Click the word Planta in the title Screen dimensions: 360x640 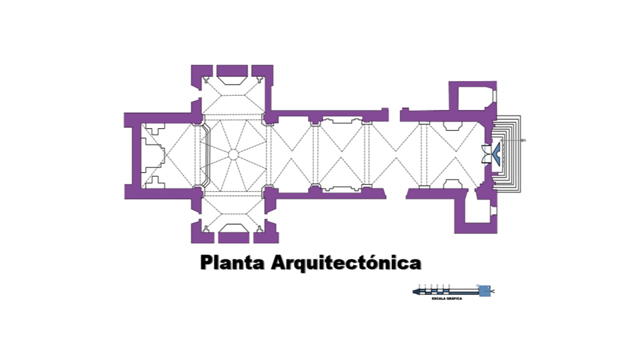(x=233, y=262)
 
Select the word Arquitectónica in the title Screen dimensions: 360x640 (x=346, y=262)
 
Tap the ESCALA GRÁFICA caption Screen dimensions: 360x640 (x=446, y=298)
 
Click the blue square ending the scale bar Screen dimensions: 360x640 (x=484, y=291)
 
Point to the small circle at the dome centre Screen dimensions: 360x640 (x=233, y=154)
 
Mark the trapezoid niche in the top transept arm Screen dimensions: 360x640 (x=232, y=80)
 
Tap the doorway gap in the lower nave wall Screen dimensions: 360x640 (x=396, y=194)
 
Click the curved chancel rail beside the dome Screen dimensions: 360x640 (x=205, y=154)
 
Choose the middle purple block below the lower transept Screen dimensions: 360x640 (x=233, y=238)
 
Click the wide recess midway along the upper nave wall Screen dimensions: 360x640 (x=342, y=120)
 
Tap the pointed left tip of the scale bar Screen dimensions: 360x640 (x=414, y=291)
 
